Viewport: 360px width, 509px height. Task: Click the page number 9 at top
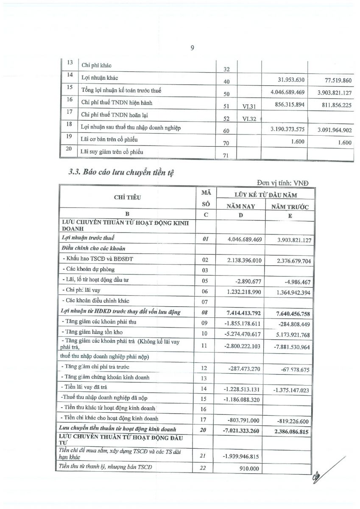(x=192, y=48)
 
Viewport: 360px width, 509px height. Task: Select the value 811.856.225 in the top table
(x=335, y=105)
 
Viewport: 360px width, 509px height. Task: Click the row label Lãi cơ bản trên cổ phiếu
(x=109, y=140)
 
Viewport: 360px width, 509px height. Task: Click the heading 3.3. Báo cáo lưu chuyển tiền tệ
(x=121, y=173)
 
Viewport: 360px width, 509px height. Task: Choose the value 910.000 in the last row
(x=253, y=469)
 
